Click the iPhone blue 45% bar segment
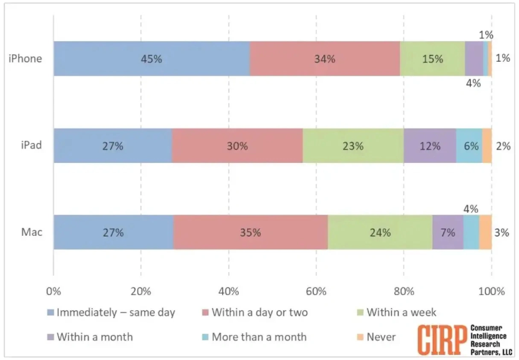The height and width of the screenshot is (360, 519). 152,59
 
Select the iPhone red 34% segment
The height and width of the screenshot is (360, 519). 324,59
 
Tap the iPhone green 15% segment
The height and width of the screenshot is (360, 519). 432,59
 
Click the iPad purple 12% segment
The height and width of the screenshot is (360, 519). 430,146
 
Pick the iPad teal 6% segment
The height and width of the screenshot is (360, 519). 469,146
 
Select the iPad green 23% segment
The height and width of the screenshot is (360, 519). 353,146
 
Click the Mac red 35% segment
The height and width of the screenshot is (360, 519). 250,233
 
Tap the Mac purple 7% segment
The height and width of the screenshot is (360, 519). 448,233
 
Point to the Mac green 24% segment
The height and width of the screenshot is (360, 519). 380,233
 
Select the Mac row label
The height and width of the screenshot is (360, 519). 31,233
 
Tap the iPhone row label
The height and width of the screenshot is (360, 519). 26,59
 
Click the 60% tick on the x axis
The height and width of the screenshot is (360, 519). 316,290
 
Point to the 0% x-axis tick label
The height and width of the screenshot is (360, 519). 54,290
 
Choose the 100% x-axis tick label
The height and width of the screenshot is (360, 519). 492,290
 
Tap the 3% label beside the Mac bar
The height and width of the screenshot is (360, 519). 502,233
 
